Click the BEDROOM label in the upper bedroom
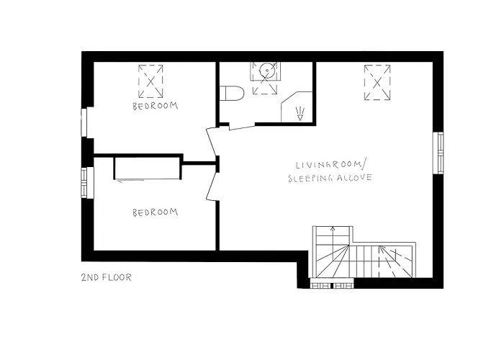point(155,106)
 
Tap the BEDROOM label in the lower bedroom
point(155,212)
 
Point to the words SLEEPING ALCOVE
point(329,178)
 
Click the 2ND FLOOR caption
point(107,276)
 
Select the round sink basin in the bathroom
point(266,71)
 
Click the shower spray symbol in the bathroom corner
point(300,111)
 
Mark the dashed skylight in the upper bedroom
point(150,82)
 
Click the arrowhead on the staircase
point(332,228)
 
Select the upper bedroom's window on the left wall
point(85,122)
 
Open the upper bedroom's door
point(211,141)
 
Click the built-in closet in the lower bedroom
point(147,168)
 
